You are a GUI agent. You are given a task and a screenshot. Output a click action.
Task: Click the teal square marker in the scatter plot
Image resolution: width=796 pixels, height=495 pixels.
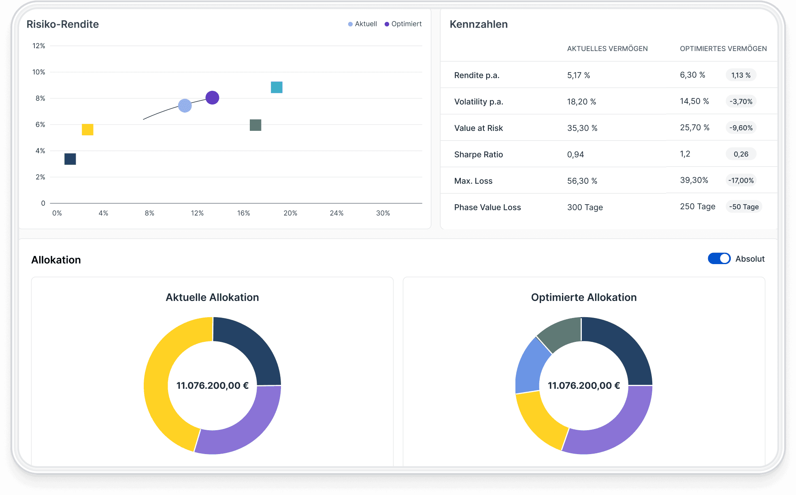click(x=277, y=87)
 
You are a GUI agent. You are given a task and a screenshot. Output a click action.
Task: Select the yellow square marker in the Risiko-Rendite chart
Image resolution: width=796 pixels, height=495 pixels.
click(x=87, y=130)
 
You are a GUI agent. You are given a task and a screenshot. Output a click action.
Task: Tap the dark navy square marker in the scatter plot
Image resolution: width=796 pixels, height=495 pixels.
click(x=70, y=159)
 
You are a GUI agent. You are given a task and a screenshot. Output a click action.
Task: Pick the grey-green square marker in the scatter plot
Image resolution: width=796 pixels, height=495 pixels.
click(x=255, y=125)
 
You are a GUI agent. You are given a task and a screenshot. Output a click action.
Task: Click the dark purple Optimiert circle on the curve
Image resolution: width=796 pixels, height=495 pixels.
click(x=212, y=98)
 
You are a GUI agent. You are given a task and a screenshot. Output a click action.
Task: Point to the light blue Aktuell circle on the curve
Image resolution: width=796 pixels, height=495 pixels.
click(x=185, y=106)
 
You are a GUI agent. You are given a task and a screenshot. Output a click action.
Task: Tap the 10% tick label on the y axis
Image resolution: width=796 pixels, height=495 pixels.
click(x=39, y=72)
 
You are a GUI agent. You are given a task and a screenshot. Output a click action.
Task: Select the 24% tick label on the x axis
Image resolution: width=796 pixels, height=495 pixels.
click(x=336, y=213)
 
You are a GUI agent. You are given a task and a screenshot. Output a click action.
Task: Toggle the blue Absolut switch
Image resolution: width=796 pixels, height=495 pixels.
click(x=719, y=258)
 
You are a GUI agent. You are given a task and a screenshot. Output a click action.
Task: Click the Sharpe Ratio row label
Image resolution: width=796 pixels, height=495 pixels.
click(x=479, y=154)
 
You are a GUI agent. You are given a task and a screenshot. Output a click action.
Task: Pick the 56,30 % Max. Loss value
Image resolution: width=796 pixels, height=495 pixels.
click(x=582, y=181)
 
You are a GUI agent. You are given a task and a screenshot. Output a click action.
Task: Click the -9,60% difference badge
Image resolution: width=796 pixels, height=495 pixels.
click(x=741, y=128)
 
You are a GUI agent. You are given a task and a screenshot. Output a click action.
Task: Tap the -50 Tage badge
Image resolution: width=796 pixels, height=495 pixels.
click(x=744, y=207)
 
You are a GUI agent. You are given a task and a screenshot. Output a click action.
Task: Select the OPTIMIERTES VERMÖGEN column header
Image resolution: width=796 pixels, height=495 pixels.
click(x=723, y=49)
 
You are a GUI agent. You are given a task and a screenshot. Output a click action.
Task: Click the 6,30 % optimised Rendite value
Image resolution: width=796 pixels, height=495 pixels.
click(x=692, y=75)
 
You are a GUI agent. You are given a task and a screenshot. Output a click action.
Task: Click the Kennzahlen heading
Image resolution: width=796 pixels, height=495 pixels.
click(x=479, y=24)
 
